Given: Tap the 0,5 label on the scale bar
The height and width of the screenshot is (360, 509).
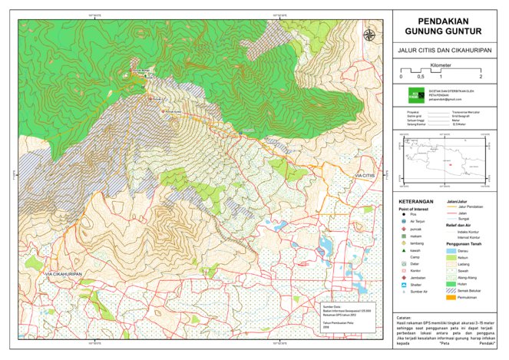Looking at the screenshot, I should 421,78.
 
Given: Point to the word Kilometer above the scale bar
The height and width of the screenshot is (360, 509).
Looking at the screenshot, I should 441,66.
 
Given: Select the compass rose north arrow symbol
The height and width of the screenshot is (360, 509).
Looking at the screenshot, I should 369,35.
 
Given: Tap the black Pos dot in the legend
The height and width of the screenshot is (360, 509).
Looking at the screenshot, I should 403,214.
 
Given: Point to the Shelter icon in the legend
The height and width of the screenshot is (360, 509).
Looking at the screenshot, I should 403,284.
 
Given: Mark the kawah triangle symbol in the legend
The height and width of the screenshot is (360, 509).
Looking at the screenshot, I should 403,249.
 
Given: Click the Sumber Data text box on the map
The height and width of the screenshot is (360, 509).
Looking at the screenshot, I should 342,315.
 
